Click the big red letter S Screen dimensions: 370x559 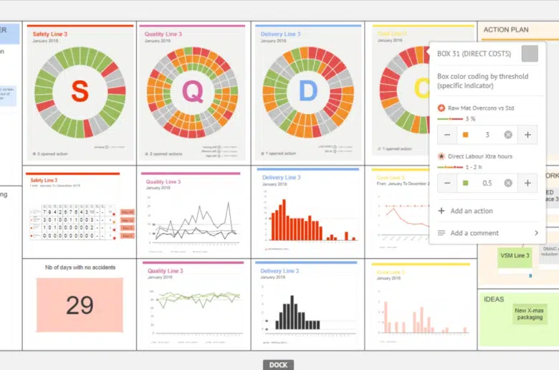coord(80,91)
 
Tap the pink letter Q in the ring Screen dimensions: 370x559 coord(192,91)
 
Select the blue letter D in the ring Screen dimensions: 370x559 coord(307,91)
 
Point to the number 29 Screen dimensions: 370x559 coord(80,305)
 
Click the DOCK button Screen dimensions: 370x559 coord(278,365)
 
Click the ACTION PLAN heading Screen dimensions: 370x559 coord(506,30)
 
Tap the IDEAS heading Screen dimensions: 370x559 coord(494,299)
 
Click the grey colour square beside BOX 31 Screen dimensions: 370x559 coord(530,54)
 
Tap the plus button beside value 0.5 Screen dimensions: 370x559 coord(527,183)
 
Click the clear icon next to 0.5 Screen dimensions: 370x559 coord(508,183)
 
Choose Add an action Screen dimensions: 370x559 coord(471,211)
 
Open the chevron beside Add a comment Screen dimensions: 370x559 coord(535,233)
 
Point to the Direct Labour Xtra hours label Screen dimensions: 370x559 coord(479,156)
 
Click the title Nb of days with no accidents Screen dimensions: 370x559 coord(80,267)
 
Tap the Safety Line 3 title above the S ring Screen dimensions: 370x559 coord(50,34)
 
